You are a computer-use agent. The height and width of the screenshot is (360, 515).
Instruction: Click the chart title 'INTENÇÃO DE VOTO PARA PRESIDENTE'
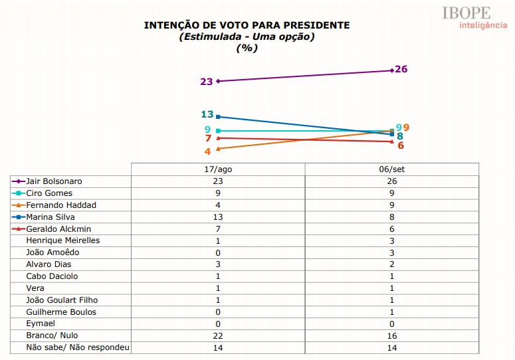(x=247, y=25)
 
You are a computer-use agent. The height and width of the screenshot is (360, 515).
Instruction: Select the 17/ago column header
(x=218, y=169)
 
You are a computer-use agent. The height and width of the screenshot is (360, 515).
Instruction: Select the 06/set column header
(x=392, y=169)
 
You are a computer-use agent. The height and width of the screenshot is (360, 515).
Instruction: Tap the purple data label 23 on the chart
(x=206, y=82)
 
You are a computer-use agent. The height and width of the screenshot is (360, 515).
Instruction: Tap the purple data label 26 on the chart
(x=401, y=69)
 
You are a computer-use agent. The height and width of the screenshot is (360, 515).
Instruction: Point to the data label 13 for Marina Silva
(x=207, y=114)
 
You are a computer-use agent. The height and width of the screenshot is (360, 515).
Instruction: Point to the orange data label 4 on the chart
(x=208, y=151)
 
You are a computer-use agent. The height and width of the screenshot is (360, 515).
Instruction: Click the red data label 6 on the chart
(x=401, y=145)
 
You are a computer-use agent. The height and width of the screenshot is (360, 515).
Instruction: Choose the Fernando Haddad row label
(x=60, y=205)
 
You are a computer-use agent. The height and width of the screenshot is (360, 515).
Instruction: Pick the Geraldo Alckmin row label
(x=60, y=228)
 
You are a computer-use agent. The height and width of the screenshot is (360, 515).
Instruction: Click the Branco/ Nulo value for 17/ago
(x=218, y=335)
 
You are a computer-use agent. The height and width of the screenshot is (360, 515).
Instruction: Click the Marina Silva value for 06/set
(x=392, y=217)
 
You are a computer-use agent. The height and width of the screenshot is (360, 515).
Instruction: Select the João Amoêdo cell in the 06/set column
(x=392, y=252)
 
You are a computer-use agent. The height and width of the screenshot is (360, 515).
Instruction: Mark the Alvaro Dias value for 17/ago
(x=218, y=264)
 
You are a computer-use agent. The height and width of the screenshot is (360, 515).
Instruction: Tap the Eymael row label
(x=40, y=323)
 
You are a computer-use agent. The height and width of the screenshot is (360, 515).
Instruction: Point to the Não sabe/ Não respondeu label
(x=78, y=347)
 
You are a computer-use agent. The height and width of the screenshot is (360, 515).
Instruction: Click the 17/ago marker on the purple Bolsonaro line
(x=218, y=81)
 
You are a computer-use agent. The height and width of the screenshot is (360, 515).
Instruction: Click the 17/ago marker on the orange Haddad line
(x=218, y=149)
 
